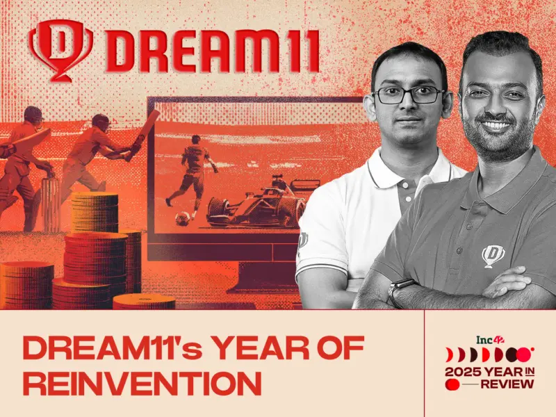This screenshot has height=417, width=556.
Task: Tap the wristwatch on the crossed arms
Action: click(x=401, y=290)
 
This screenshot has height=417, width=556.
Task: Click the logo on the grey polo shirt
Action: click(x=493, y=255)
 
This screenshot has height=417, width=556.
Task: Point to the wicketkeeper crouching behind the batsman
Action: click(x=25, y=156)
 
